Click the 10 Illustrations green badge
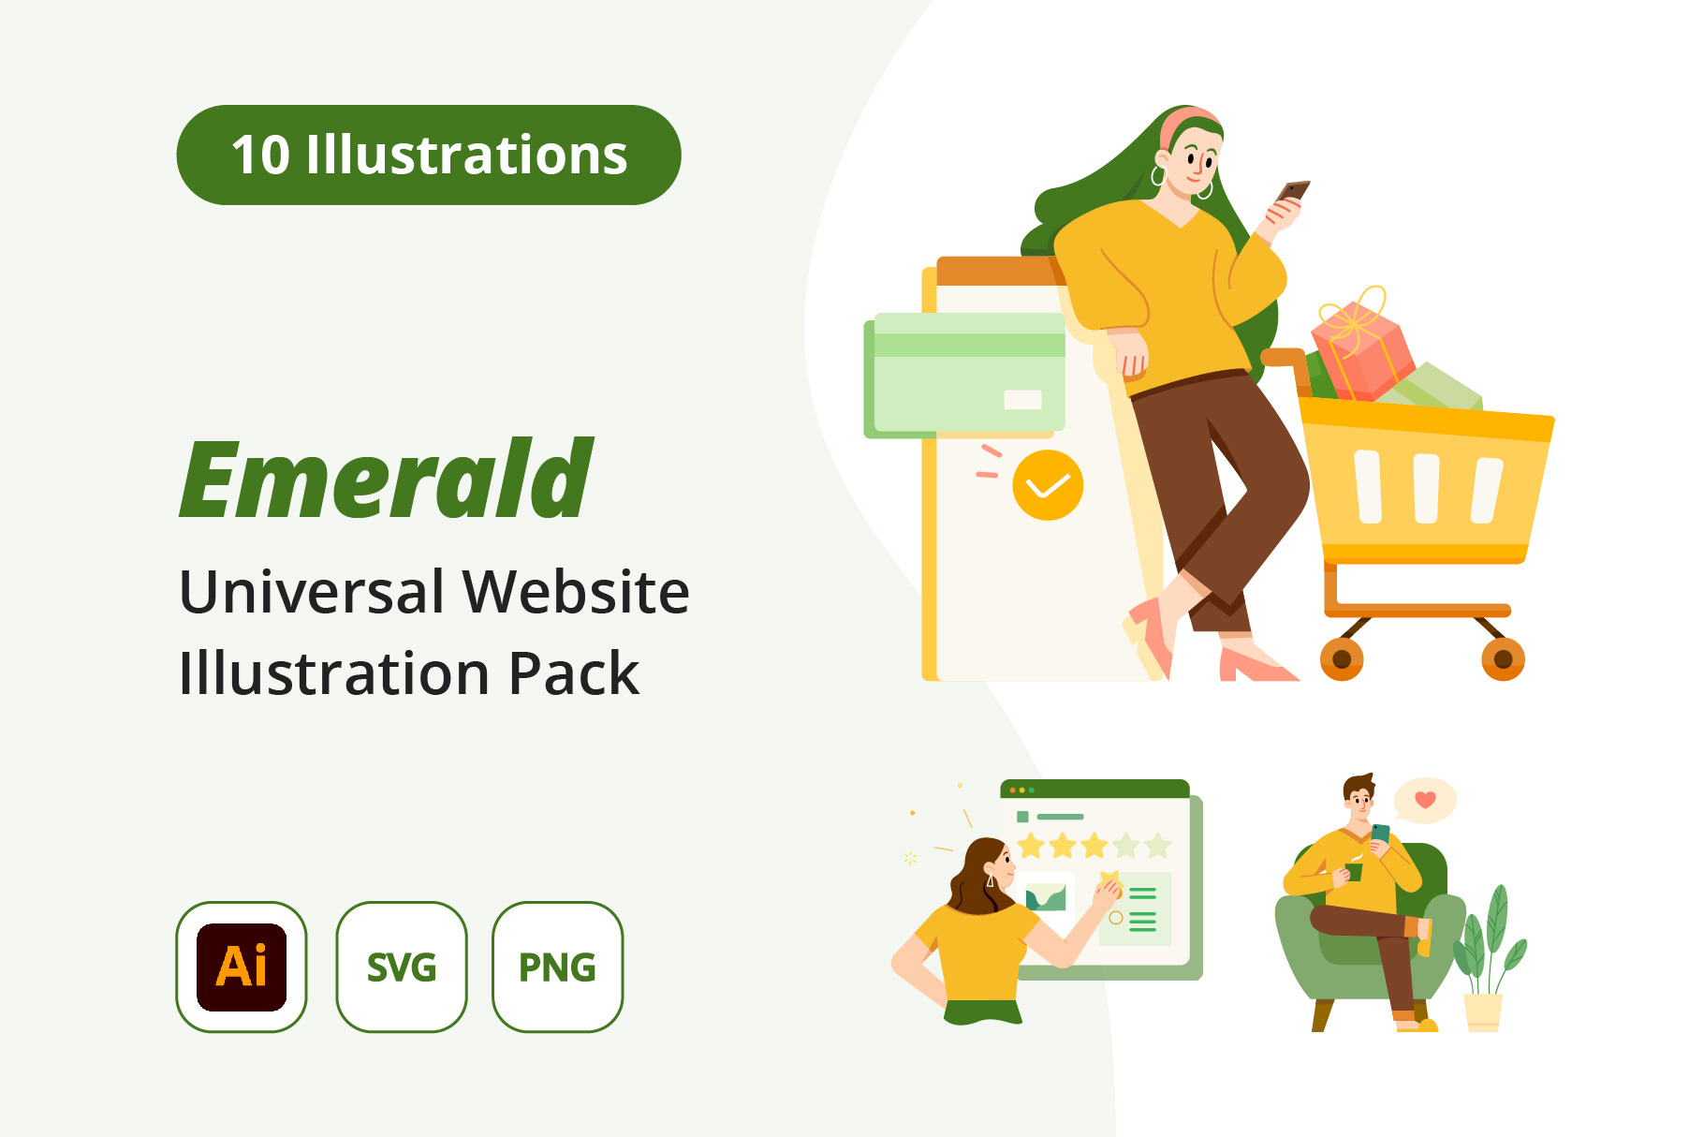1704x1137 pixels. [x=429, y=155]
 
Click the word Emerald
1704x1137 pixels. [x=387, y=479]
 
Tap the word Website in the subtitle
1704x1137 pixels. [x=576, y=592]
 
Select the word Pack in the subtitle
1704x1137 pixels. [x=574, y=673]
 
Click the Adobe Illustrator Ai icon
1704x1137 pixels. [x=242, y=967]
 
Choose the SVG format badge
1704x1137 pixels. [x=402, y=967]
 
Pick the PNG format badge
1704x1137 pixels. [x=558, y=967]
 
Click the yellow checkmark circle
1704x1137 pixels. [x=1048, y=485]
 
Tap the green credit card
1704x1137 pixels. [x=964, y=375]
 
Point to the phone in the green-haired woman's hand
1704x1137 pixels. [x=1293, y=191]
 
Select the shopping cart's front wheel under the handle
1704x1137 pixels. [x=1342, y=659]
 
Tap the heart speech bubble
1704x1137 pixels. [x=1425, y=801]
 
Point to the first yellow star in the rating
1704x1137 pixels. [x=1031, y=846]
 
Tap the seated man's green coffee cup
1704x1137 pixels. [x=1353, y=871]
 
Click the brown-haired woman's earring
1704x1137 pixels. [x=991, y=879]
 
